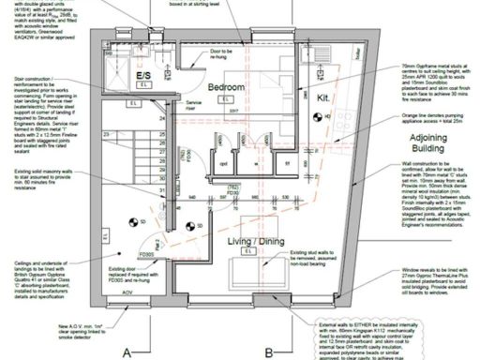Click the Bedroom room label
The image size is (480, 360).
tap(227, 87)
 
